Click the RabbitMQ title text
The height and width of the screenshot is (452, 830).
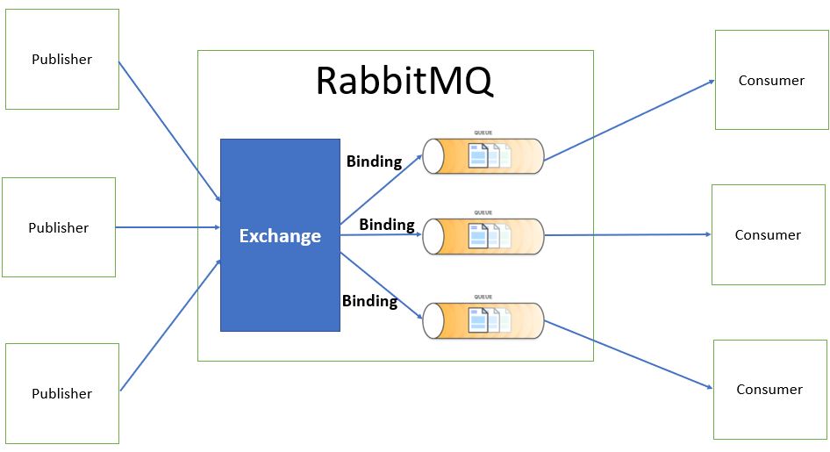click(404, 82)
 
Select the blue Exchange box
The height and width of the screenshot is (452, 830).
click(280, 235)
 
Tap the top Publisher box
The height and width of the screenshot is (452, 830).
click(62, 60)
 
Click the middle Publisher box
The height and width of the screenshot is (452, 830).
click(59, 227)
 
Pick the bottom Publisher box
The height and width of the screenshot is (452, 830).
click(62, 393)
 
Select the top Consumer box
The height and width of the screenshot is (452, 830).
click(771, 80)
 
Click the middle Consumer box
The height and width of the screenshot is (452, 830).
click(768, 234)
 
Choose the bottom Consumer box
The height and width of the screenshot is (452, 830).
click(769, 389)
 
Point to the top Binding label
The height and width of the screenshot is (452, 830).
click(374, 161)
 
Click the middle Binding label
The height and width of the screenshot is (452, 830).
click(386, 225)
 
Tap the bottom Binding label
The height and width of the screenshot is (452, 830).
click(369, 301)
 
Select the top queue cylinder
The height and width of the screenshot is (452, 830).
click(483, 156)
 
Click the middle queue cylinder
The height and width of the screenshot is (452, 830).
click(483, 236)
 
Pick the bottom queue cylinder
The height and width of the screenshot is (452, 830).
click(483, 320)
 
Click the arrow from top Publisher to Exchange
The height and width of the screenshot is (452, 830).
click(168, 133)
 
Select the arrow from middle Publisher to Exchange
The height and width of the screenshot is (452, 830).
click(167, 227)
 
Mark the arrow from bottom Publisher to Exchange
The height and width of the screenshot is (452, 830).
click(168, 326)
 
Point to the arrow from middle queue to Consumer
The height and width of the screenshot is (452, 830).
click(627, 235)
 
